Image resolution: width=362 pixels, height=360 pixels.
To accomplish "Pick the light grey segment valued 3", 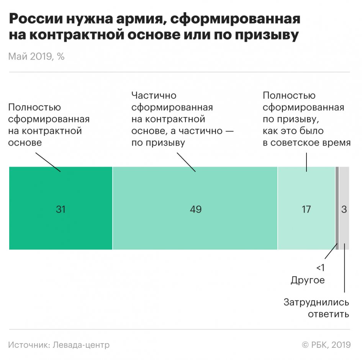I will click(344, 230).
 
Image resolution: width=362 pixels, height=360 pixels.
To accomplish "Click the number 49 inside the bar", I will click(196, 209).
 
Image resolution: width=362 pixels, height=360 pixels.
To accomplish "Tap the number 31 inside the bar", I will click(61, 209).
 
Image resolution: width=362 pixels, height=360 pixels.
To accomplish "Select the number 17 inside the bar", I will click(306, 209).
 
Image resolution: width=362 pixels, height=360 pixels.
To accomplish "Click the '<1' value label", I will click(320, 268).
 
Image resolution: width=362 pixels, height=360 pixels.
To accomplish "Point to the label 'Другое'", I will click(308, 280).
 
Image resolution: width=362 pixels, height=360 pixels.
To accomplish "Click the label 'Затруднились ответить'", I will click(316, 308).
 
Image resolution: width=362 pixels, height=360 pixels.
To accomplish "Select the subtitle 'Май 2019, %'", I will click(36, 57).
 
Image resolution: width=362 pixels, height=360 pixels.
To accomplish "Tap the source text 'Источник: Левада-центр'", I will click(59, 345).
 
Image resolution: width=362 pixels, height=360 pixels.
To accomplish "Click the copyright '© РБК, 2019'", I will click(326, 345).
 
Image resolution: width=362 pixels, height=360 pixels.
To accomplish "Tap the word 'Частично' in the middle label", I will click(154, 95).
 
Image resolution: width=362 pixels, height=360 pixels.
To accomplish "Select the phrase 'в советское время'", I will click(306, 143).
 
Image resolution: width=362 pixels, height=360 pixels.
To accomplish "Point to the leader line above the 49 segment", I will click(187, 162).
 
